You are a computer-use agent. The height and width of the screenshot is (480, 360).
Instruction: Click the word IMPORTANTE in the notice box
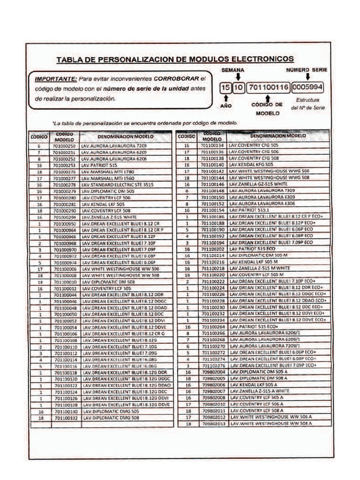(x=56, y=79)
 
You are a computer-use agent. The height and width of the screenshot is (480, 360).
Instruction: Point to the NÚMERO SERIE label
(x=307, y=69)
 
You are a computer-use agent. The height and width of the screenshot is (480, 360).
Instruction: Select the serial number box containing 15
(x=226, y=88)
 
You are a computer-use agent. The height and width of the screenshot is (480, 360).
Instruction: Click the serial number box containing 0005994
(x=307, y=88)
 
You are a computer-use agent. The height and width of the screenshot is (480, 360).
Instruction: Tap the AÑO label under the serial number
(x=226, y=106)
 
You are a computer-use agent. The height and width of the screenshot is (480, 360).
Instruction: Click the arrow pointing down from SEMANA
(x=238, y=77)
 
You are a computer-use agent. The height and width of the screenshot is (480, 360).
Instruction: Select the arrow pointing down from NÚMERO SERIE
(x=308, y=77)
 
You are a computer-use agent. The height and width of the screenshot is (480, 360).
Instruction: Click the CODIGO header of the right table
(x=186, y=136)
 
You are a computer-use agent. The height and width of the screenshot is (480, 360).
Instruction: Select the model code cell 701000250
(x=64, y=146)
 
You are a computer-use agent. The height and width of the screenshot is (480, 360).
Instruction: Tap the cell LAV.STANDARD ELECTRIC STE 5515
(x=117, y=185)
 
